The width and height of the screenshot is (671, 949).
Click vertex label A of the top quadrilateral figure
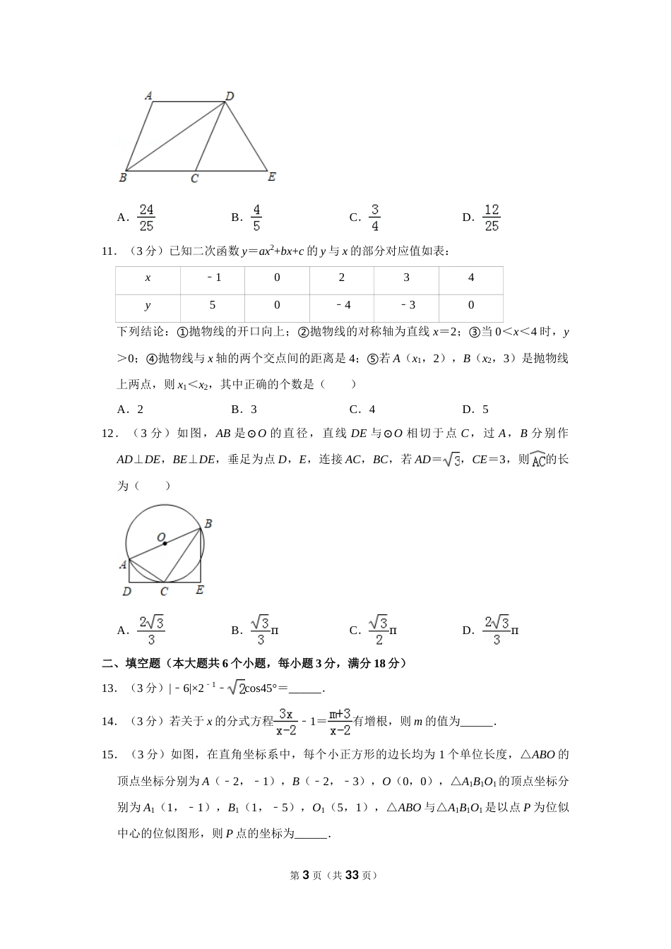pyautogui.click(x=148, y=95)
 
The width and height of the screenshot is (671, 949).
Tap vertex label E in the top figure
pyautogui.click(x=271, y=177)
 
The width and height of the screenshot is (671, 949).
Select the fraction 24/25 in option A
pyautogui.click(x=146, y=217)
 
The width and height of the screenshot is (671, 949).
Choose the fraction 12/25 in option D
pyautogui.click(x=492, y=217)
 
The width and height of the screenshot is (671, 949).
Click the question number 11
pyautogui.click(x=109, y=251)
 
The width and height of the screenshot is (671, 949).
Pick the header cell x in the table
pyautogui.click(x=148, y=278)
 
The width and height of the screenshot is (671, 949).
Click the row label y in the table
pyautogui.click(x=148, y=306)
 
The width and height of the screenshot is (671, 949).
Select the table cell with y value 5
pyautogui.click(x=213, y=306)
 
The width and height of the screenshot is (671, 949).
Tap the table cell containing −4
pyautogui.click(x=342, y=306)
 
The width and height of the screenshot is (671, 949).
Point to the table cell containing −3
pyautogui.click(x=406, y=306)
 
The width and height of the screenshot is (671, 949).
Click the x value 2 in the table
pyautogui.click(x=342, y=278)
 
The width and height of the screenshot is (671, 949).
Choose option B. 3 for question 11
pyautogui.click(x=244, y=410)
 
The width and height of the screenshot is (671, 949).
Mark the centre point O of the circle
pyautogui.click(x=165, y=543)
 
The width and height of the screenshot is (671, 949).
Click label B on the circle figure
pyautogui.click(x=208, y=524)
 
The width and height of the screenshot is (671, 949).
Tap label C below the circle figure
pyautogui.click(x=164, y=592)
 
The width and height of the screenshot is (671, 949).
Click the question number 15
pyautogui.click(x=109, y=755)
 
